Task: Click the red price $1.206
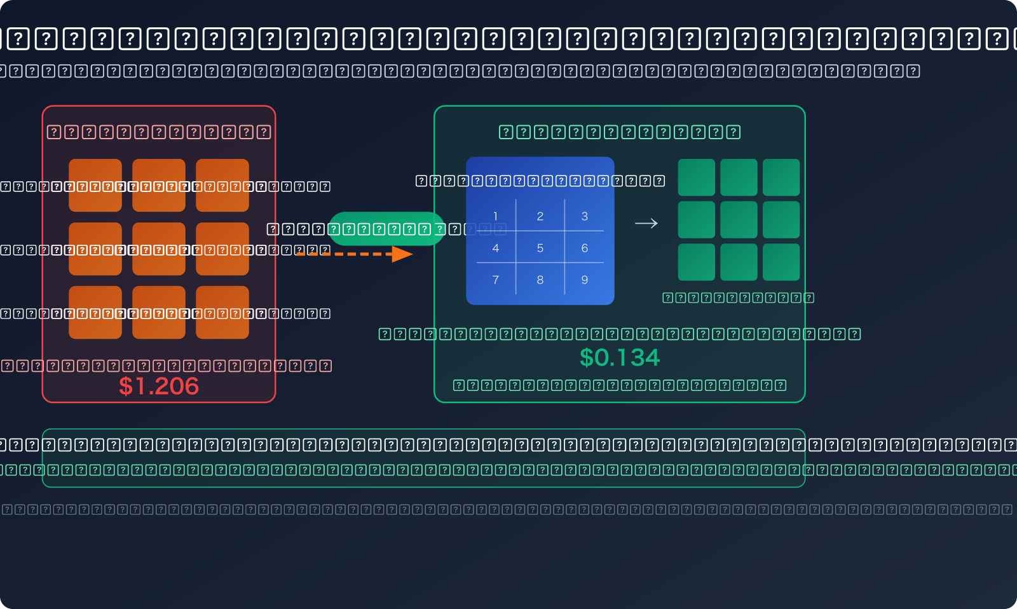(159, 386)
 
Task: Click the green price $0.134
(620, 358)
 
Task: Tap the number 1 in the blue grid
(496, 216)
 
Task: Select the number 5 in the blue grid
(540, 248)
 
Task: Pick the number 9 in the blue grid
(585, 280)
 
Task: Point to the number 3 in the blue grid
(585, 216)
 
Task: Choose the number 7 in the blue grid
(496, 280)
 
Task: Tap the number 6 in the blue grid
(585, 248)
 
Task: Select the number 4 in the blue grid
(496, 248)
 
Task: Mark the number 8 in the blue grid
(540, 280)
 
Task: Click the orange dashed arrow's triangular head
(402, 254)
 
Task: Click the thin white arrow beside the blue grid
(646, 223)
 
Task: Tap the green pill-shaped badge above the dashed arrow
(386, 229)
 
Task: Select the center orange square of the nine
(159, 249)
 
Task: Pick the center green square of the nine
(739, 219)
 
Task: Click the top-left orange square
(95, 185)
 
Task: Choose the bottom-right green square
(781, 262)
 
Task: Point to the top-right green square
(781, 177)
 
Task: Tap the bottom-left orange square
(95, 312)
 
